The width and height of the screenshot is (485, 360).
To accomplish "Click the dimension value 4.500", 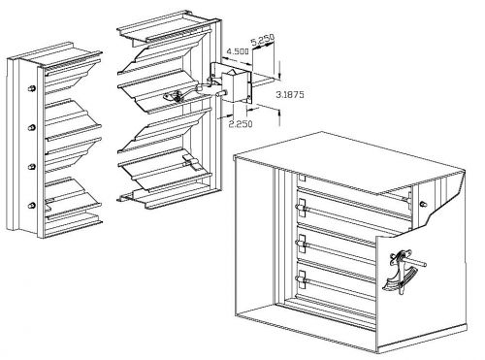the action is [238, 51].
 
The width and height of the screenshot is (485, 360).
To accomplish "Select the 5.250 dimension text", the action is [263, 40].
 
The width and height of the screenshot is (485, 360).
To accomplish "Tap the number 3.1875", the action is [290, 95].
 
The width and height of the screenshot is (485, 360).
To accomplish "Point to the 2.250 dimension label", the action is [241, 124].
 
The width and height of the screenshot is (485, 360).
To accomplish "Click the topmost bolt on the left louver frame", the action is [32, 88].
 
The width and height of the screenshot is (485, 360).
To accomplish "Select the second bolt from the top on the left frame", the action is [32, 127].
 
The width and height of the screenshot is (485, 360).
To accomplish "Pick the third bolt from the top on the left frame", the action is [32, 167].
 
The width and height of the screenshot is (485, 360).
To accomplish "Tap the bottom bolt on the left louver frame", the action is [32, 206].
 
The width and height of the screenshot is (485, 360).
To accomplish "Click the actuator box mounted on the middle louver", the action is [236, 86].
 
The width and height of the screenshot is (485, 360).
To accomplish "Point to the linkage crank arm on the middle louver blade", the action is [181, 95].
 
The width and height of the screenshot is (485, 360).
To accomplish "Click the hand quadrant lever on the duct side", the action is [401, 272].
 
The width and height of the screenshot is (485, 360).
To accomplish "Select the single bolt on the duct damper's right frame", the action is [422, 204].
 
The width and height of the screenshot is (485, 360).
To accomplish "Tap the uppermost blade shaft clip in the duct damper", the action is [302, 208].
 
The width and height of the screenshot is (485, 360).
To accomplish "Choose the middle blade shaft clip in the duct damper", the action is [302, 244].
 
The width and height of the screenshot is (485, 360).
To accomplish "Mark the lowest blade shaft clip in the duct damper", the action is [302, 278].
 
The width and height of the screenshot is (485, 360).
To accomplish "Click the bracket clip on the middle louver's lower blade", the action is [193, 162].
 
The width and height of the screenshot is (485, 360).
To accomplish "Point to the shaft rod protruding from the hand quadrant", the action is [417, 263].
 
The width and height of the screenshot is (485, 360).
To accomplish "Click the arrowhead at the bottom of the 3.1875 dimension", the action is [279, 113].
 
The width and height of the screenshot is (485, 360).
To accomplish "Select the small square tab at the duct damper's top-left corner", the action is [303, 178].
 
